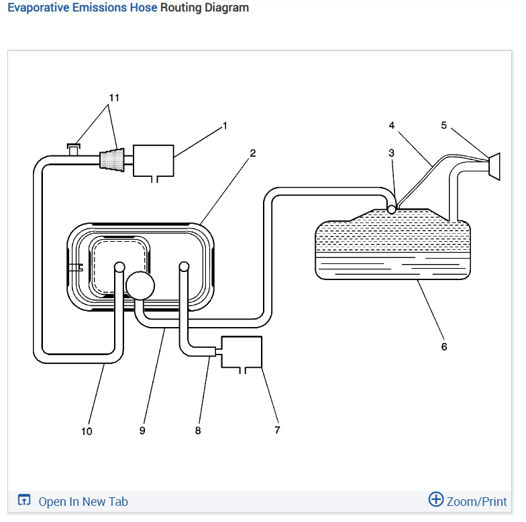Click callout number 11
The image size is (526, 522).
point(114,97)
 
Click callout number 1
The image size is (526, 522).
point(225,125)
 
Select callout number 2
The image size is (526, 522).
point(253,153)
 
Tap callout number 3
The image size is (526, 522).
point(392,153)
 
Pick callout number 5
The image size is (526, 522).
point(443,125)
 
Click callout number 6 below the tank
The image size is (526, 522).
point(443,346)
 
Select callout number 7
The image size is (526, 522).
point(277,430)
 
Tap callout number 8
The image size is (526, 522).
point(198,430)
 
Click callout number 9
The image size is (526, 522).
point(142,430)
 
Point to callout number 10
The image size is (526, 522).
point(87,431)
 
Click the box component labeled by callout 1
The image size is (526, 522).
point(154,159)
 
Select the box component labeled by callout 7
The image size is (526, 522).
point(241,352)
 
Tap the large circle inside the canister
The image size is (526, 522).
point(140,285)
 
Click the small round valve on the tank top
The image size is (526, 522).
point(392,209)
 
